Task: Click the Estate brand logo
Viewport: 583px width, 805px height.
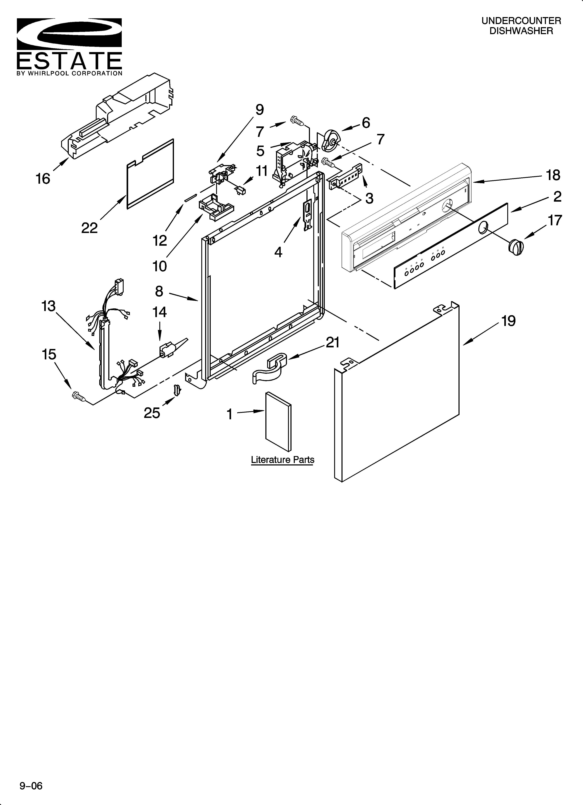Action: [x=69, y=46]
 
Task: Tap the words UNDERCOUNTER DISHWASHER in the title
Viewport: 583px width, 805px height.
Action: [x=521, y=26]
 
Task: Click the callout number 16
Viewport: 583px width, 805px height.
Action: [x=43, y=178]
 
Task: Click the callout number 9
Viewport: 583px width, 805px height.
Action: [x=259, y=110]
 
